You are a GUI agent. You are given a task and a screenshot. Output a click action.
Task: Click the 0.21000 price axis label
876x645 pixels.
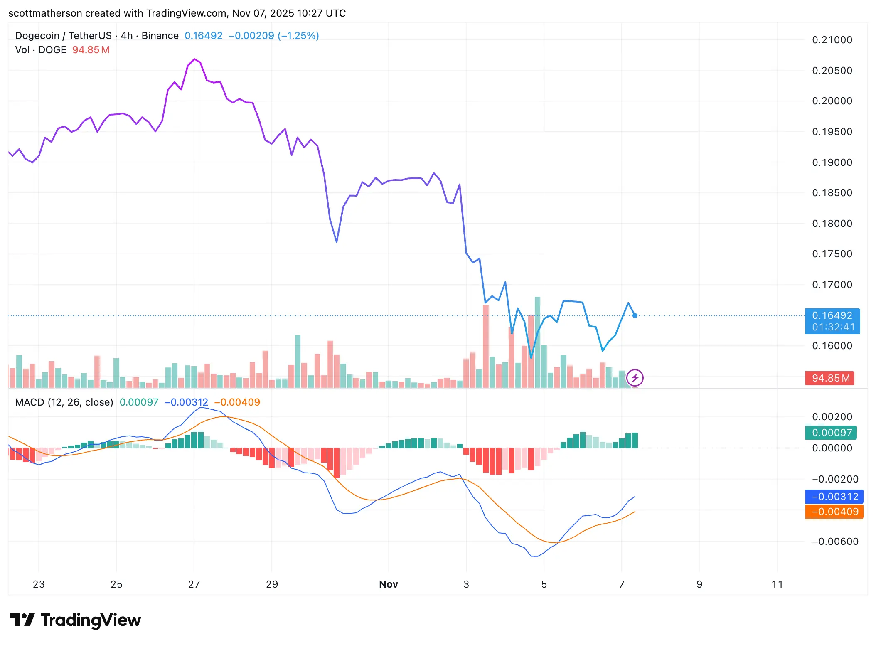point(832,40)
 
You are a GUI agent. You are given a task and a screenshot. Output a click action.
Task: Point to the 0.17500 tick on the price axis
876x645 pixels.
point(832,254)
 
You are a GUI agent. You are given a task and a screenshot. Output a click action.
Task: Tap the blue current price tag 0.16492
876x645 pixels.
point(832,315)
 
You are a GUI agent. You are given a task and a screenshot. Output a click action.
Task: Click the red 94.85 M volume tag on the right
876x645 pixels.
point(830,378)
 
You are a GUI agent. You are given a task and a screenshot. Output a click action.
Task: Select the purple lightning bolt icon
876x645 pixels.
point(635,378)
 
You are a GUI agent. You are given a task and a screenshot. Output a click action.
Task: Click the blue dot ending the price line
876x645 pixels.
point(635,316)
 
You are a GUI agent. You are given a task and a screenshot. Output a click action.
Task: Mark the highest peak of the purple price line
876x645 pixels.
point(194,59)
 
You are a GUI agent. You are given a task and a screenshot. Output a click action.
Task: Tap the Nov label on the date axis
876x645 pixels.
point(389,584)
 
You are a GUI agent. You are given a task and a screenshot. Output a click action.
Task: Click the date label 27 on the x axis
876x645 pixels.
point(194,584)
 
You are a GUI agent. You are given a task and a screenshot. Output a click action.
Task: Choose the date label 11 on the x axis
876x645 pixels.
point(777,584)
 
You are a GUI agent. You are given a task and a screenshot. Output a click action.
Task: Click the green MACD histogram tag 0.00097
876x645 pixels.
point(832,433)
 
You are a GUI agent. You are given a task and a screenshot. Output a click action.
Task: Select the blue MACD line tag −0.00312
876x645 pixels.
point(834,497)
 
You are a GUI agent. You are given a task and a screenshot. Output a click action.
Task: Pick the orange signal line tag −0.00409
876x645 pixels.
point(834,512)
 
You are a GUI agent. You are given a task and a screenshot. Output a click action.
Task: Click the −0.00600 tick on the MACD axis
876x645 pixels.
point(835,542)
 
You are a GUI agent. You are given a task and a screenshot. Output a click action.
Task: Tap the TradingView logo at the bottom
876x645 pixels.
point(76,620)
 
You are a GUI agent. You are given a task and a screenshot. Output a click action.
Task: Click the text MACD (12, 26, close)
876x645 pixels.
point(64,402)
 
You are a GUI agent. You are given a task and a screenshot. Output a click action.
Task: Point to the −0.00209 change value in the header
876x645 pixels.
point(251,36)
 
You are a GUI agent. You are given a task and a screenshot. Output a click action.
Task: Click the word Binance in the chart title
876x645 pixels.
point(160,36)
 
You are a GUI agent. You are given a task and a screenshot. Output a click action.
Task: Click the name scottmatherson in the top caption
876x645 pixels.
point(45,13)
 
